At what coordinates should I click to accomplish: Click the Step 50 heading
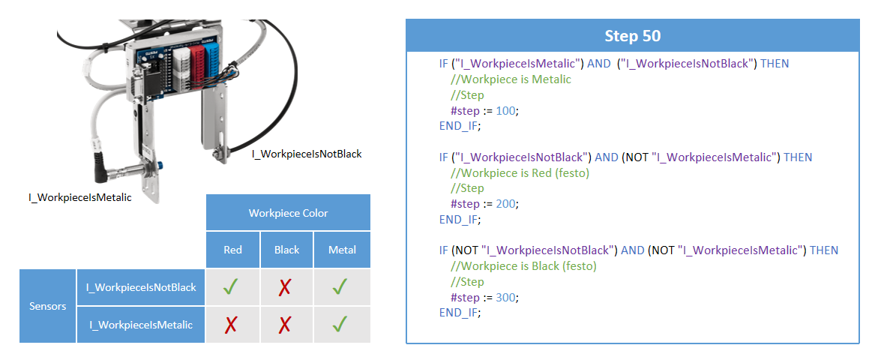click(x=632, y=36)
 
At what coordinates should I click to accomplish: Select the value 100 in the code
click(x=506, y=110)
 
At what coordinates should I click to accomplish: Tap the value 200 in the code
click(x=506, y=204)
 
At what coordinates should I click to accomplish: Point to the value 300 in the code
click(x=506, y=298)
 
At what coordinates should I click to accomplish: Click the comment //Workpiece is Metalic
click(x=511, y=79)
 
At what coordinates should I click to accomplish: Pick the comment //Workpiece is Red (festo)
click(x=520, y=173)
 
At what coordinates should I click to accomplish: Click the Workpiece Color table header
click(x=288, y=213)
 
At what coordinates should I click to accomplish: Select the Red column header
click(x=232, y=250)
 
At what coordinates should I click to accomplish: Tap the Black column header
click(x=287, y=250)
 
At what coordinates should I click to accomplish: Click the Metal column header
click(x=342, y=250)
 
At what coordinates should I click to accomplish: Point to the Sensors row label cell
click(x=48, y=306)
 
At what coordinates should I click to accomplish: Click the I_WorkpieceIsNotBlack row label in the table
click(x=141, y=287)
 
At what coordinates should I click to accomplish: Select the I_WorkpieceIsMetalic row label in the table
click(x=141, y=325)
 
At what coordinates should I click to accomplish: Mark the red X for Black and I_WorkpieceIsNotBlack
click(x=285, y=287)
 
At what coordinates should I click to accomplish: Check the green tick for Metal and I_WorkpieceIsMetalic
click(x=340, y=324)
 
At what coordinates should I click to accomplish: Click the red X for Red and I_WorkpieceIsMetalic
click(x=232, y=325)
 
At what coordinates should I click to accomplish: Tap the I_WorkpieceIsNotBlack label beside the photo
click(x=307, y=154)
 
